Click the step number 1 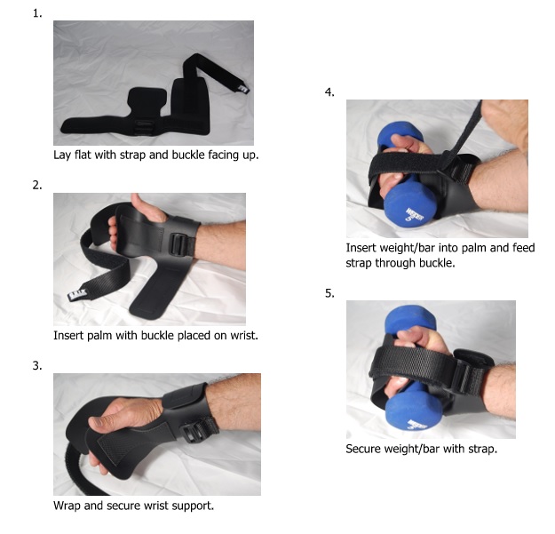[x=36, y=12]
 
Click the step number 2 [x=36, y=185]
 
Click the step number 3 [x=36, y=364]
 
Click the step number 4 [x=329, y=92]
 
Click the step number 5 [x=329, y=293]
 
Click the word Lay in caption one [x=63, y=155]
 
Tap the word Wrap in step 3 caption [x=67, y=506]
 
